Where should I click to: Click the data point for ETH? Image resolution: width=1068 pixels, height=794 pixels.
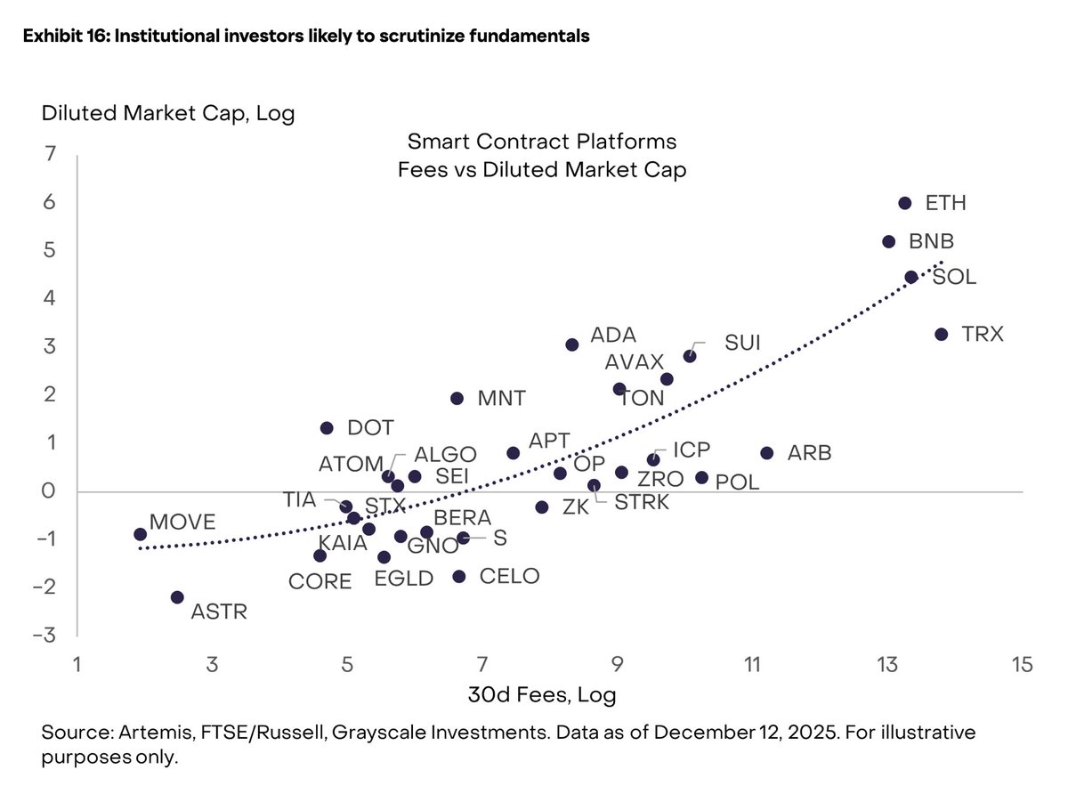(904, 203)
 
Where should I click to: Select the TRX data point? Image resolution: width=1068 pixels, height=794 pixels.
(941, 334)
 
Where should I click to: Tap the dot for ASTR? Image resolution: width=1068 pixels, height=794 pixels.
(177, 597)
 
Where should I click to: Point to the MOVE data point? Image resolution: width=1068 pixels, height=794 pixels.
(140, 534)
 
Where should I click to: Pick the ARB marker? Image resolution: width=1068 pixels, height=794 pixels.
(767, 453)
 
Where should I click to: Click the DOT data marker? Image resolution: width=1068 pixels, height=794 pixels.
(327, 428)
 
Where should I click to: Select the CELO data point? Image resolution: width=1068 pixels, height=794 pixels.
(459, 577)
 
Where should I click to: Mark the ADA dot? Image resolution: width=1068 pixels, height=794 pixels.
(572, 344)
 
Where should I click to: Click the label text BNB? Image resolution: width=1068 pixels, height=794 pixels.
(931, 241)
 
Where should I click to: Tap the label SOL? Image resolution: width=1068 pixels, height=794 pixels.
(954, 277)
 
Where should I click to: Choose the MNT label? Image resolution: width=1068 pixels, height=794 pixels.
(502, 398)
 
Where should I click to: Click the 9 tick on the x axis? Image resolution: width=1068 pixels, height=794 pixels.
(617, 665)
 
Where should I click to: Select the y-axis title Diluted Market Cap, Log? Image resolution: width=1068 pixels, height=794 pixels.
(167, 113)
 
